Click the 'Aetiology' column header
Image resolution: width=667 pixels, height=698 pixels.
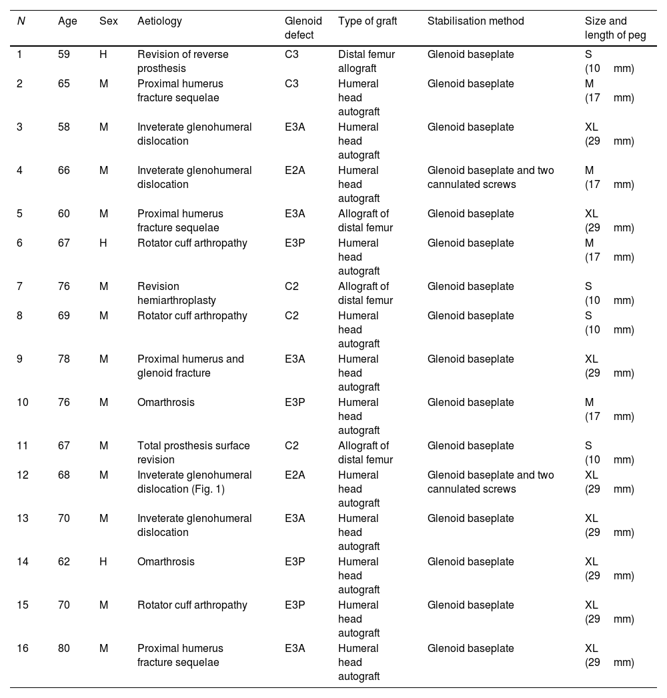(159, 21)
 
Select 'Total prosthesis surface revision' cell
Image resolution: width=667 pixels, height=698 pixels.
(193, 453)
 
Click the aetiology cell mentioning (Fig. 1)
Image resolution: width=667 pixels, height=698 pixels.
(194, 482)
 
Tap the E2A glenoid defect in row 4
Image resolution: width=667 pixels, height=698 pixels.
(295, 171)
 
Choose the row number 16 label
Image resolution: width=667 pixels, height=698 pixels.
(23, 649)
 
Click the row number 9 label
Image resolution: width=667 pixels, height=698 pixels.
(20, 359)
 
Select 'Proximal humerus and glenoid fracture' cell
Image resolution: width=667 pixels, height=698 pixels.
(190, 366)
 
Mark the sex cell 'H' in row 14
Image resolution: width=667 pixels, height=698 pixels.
(103, 562)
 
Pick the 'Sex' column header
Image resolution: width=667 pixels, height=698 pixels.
(108, 21)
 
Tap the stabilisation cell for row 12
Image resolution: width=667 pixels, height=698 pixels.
(490, 482)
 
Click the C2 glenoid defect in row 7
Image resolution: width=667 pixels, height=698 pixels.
(291, 287)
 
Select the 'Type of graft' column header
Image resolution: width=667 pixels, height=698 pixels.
(367, 21)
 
